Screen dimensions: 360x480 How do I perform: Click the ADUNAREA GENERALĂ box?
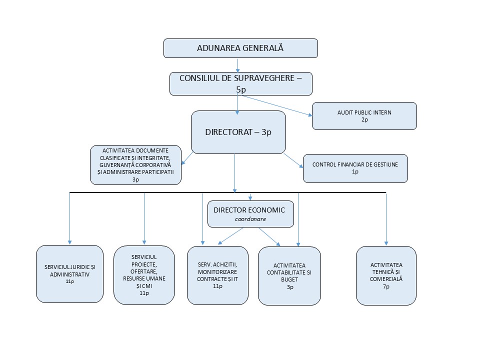point(240,48)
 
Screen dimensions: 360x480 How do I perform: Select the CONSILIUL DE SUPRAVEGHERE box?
point(240,83)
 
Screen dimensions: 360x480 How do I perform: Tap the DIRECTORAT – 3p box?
point(238,132)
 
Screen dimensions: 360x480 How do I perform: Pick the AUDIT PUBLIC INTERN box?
point(364,116)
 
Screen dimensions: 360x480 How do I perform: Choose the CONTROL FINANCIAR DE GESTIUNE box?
point(355,168)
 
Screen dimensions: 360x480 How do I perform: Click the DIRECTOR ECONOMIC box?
point(249,214)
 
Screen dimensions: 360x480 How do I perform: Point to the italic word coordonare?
point(249,219)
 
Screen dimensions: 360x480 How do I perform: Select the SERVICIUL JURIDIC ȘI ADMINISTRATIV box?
point(69,274)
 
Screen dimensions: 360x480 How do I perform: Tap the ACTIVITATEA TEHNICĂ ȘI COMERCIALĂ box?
point(386,275)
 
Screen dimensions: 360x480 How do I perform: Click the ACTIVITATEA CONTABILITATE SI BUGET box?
point(289,275)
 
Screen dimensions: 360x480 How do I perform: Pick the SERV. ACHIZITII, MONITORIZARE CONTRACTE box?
point(217,275)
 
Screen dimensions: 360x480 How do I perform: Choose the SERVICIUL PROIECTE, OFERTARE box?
point(144,275)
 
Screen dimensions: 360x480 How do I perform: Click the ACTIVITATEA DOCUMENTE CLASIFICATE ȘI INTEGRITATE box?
point(135,164)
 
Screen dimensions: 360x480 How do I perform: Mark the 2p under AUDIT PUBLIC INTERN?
point(364,120)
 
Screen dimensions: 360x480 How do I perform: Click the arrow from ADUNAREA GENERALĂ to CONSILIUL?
point(238,65)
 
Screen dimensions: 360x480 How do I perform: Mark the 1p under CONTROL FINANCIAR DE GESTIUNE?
point(355,171)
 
